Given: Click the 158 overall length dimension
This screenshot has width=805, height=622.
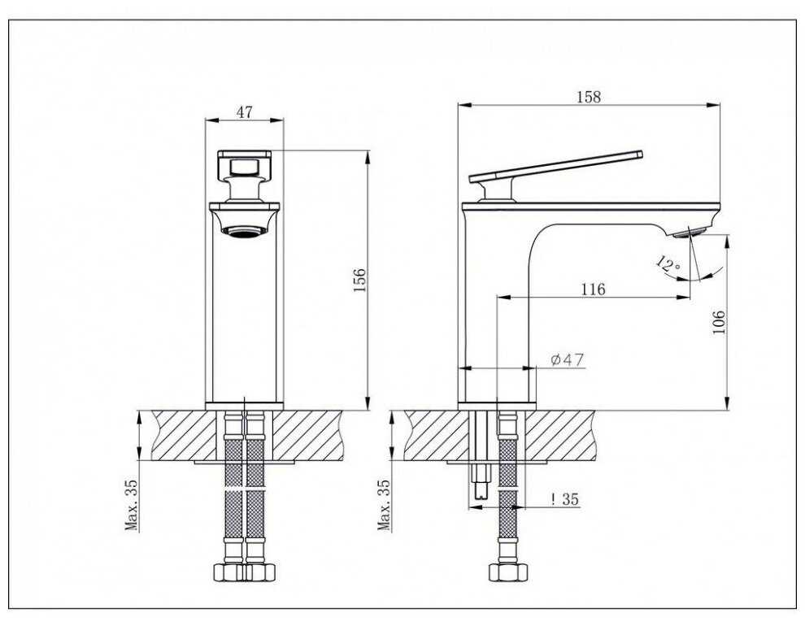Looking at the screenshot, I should (x=588, y=97).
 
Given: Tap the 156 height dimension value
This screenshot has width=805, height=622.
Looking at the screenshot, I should (x=359, y=280).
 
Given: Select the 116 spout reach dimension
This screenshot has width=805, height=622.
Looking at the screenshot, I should (x=594, y=289).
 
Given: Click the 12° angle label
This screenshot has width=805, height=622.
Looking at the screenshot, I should (x=668, y=264).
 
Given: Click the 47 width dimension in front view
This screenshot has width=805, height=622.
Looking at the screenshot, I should (x=243, y=112).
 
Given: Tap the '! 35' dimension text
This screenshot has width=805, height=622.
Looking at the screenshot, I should (x=564, y=500).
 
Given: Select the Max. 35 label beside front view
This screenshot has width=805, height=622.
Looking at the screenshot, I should (x=132, y=504).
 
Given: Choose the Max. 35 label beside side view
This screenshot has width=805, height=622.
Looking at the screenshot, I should (x=385, y=504).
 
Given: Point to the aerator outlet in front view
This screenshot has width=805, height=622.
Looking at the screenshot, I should (x=243, y=233).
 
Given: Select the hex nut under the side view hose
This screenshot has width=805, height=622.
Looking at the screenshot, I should (x=506, y=572).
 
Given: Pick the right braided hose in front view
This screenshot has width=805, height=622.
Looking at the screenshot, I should (x=255, y=488).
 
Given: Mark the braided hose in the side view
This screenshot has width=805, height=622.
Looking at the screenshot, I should (x=506, y=488).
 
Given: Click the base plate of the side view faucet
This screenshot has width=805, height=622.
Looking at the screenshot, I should (x=498, y=404).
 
